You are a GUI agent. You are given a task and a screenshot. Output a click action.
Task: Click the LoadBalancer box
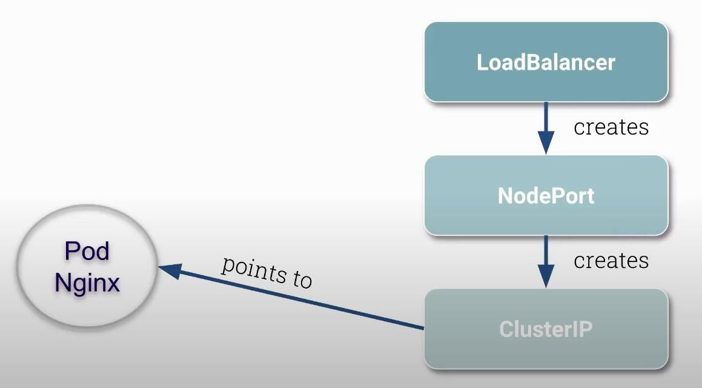pyautogui.click(x=546, y=62)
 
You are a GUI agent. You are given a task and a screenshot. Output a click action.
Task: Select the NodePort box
pyautogui.click(x=546, y=195)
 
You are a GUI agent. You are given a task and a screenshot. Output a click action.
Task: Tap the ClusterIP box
pyautogui.click(x=546, y=329)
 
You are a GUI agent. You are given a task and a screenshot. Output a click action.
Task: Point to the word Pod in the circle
pyautogui.click(x=87, y=251)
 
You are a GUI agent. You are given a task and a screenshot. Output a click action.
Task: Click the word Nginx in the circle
pyautogui.click(x=87, y=283)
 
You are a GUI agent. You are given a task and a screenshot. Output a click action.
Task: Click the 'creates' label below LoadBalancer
pyautogui.click(x=611, y=127)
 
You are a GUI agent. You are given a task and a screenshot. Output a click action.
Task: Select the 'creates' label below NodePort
pyautogui.click(x=611, y=261)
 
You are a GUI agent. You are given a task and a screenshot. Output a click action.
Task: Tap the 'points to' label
pyautogui.click(x=267, y=272)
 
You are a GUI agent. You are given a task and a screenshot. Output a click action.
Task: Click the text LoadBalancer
pyautogui.click(x=546, y=62)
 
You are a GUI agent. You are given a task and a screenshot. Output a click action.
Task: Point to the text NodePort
pyautogui.click(x=546, y=195)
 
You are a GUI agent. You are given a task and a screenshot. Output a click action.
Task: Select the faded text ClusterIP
pyautogui.click(x=546, y=329)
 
